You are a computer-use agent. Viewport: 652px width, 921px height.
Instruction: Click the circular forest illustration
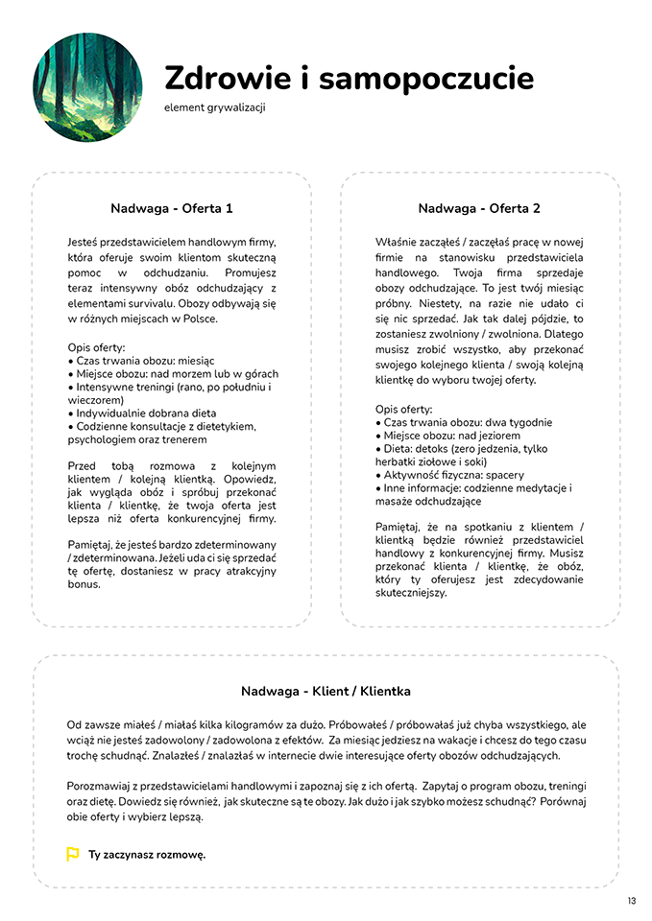[x=87, y=87]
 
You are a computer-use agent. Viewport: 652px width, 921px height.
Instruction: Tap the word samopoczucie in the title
[x=425, y=79]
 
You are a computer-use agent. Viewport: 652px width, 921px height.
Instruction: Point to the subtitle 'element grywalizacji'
[x=214, y=107]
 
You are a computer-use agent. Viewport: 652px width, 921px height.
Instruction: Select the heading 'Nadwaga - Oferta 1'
[x=171, y=208]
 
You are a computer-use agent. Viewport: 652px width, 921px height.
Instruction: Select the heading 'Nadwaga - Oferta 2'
[x=479, y=208]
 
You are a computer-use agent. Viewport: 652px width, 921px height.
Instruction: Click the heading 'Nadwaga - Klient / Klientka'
[x=326, y=691]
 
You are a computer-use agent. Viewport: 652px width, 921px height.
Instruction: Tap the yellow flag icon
[x=72, y=854]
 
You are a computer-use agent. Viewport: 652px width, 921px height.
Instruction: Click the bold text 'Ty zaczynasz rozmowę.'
[x=147, y=854]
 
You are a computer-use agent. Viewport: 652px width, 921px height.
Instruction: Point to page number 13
[x=631, y=901]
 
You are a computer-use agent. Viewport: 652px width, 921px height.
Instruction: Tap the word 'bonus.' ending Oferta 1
[x=84, y=584]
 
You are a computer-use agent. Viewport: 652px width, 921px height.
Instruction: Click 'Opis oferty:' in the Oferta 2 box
[x=403, y=410]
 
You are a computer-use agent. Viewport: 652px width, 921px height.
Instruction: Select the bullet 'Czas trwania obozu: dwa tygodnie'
[x=468, y=423]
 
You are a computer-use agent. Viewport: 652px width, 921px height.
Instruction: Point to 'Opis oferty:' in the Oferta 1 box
[x=96, y=346]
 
